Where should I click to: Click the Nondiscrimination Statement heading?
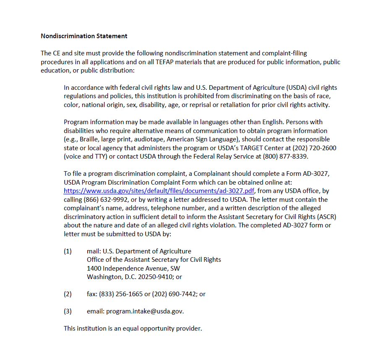[x=84, y=36]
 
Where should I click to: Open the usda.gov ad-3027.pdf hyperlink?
[x=159, y=191]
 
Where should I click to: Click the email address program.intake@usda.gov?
[x=145, y=311]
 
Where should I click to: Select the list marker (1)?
[x=68, y=251]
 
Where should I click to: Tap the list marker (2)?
[x=68, y=294]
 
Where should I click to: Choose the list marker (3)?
[x=68, y=311]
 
